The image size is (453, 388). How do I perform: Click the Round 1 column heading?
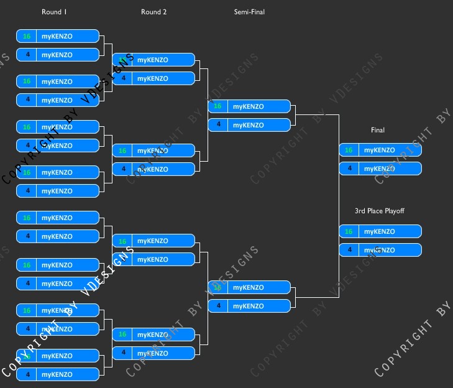(55, 12)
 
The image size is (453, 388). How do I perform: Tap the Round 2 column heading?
(153, 12)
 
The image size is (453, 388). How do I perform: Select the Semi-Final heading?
(249, 12)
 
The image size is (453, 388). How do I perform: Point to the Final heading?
(378, 130)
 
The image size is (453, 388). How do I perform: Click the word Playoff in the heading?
(393, 211)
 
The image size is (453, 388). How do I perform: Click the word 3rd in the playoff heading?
(360, 211)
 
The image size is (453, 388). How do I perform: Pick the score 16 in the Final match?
(349, 150)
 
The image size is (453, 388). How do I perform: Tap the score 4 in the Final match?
(349, 169)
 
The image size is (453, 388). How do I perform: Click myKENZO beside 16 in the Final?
(380, 150)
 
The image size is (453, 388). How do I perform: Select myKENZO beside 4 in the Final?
(380, 169)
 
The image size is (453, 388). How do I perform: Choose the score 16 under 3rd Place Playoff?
(349, 231)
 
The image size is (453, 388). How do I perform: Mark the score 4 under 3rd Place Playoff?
(349, 250)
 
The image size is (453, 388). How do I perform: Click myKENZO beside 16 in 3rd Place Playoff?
(380, 231)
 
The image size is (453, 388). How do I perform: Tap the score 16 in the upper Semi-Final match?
(217, 106)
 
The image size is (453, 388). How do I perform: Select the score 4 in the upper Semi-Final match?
(217, 125)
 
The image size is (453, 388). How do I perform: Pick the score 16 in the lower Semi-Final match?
(217, 287)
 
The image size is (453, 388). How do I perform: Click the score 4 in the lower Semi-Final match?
(217, 306)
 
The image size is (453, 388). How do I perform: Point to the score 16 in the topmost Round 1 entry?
(27, 36)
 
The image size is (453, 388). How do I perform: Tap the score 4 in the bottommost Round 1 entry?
(27, 374)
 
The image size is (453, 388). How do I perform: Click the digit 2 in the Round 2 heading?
(165, 12)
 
